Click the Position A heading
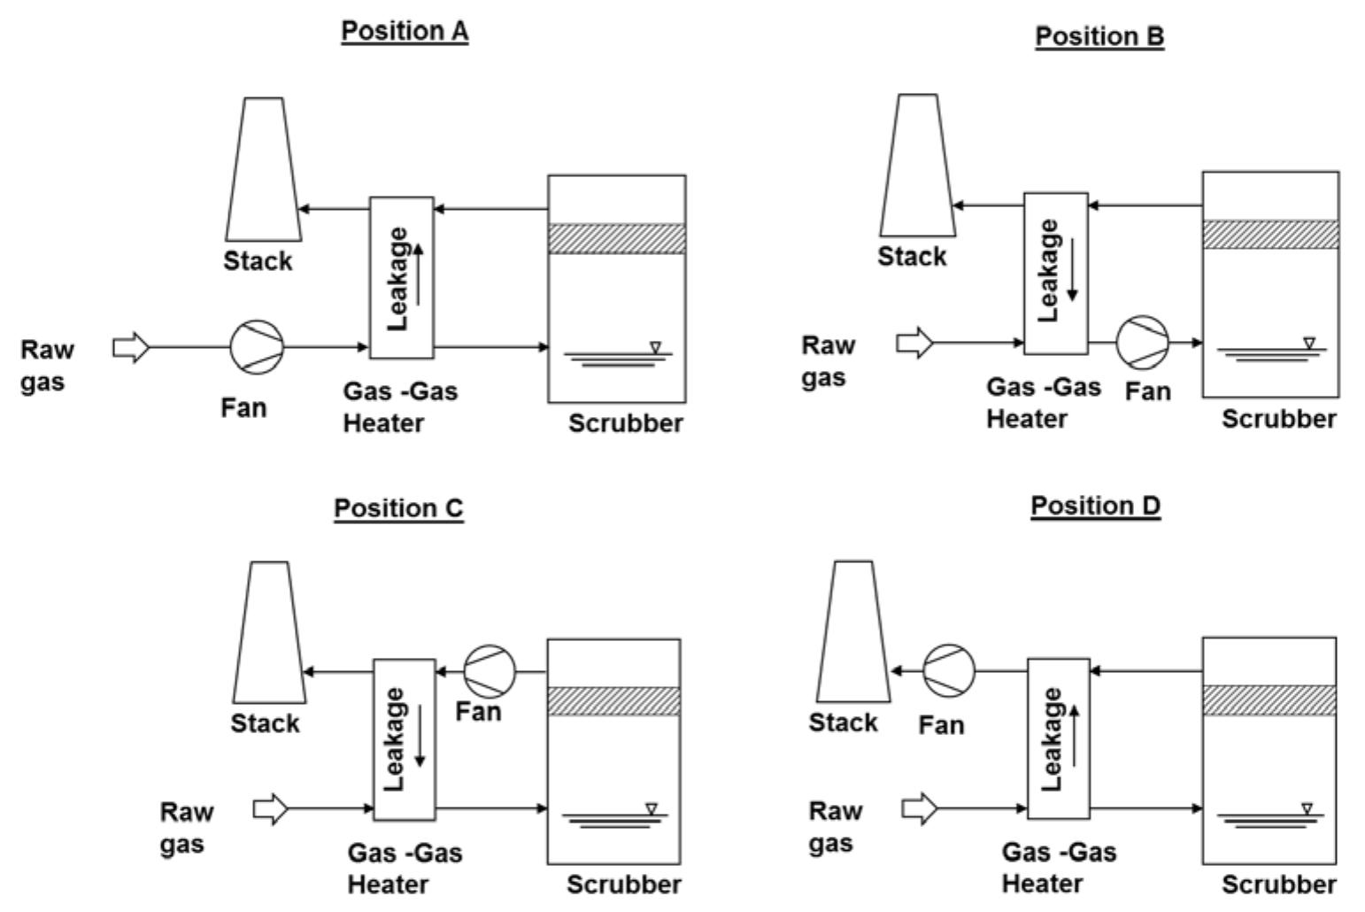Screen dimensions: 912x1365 405,31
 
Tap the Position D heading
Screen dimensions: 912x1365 1095,506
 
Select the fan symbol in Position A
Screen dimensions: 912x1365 257,347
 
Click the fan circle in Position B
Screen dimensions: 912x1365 1142,342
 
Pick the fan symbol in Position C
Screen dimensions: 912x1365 490,671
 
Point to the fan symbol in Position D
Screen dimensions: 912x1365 948,670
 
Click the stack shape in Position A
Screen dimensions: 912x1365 264,170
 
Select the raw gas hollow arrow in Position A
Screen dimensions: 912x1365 132,347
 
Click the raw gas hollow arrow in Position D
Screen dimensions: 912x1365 920,808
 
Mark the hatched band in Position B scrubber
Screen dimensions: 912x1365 1270,235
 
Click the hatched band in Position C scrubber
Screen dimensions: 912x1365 613,701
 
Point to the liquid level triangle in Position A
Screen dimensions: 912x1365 655,347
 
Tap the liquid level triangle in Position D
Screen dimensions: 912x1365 1307,808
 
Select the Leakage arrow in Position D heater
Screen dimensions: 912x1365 1074,736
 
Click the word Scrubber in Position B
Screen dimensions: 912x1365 1279,419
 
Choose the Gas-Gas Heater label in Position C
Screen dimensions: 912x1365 405,869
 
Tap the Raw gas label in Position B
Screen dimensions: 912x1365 829,360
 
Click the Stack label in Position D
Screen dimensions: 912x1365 843,723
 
